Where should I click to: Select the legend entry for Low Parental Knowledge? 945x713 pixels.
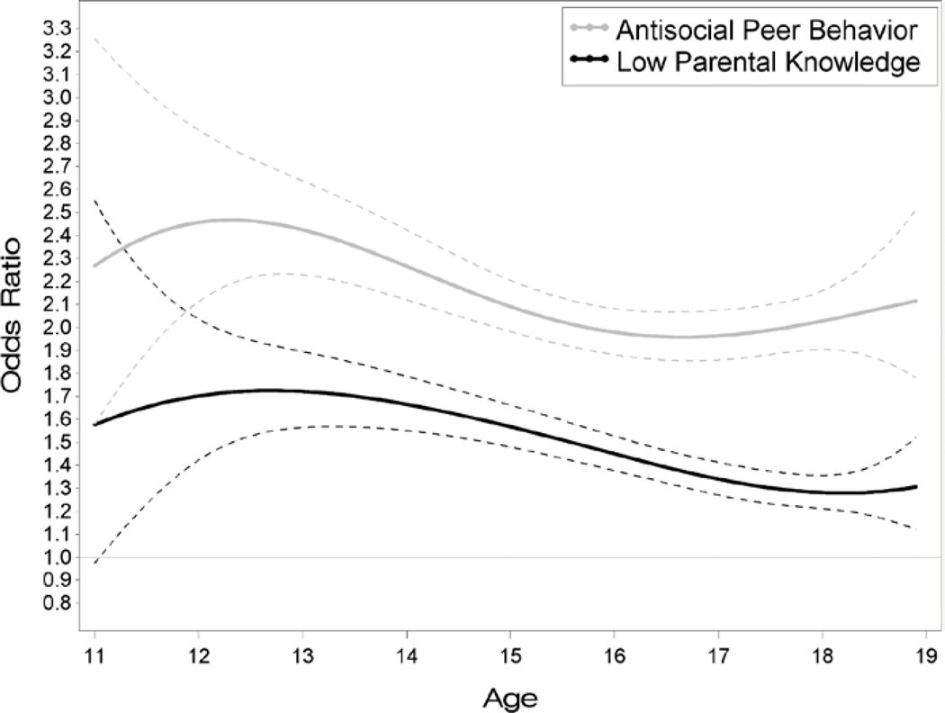click(x=766, y=62)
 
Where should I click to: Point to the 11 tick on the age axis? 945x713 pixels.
click(x=94, y=654)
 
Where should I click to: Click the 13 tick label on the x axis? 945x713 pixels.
click(x=303, y=654)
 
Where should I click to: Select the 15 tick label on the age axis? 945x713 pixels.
click(x=512, y=654)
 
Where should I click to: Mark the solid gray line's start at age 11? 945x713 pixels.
click(x=94, y=266)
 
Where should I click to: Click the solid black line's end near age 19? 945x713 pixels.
click(x=916, y=486)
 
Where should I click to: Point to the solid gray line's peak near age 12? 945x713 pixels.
click(x=229, y=220)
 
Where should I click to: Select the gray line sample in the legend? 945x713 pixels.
click(x=589, y=31)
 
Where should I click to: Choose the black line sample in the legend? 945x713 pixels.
click(x=589, y=63)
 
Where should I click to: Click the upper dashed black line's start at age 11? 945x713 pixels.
click(x=94, y=200)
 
